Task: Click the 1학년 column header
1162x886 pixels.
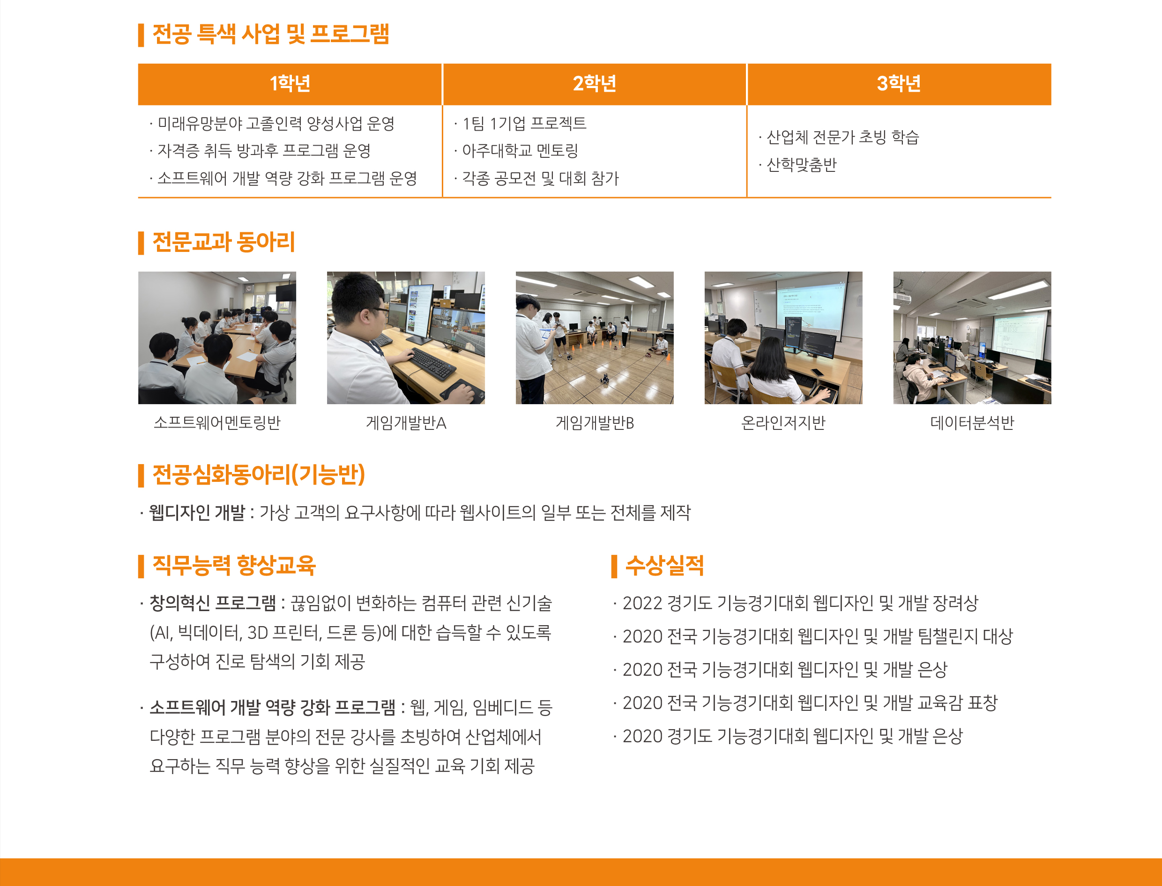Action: coord(290,84)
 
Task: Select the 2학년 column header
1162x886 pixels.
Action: coord(594,84)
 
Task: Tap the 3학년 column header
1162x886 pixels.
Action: coord(899,84)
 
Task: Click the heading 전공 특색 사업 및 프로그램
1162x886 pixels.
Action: coord(270,34)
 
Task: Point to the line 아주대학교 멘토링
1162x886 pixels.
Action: coord(520,151)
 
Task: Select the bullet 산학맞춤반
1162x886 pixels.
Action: coord(801,165)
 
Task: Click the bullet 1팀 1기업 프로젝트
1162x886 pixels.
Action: coord(524,124)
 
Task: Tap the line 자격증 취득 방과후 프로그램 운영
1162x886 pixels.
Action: coord(264,151)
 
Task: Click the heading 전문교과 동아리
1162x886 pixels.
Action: coord(223,242)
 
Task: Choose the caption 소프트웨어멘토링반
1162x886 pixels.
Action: coord(217,422)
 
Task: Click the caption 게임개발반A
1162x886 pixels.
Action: coord(406,422)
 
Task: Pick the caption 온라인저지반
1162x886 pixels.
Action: coord(783,422)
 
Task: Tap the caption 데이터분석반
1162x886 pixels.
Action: coord(972,422)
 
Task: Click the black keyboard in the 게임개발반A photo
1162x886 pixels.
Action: coord(433,364)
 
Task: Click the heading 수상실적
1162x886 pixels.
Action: coord(664,566)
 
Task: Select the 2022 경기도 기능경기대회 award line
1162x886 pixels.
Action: coord(800,603)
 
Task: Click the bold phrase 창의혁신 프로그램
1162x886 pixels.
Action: coord(213,603)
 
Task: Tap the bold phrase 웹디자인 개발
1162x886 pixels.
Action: coord(197,512)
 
